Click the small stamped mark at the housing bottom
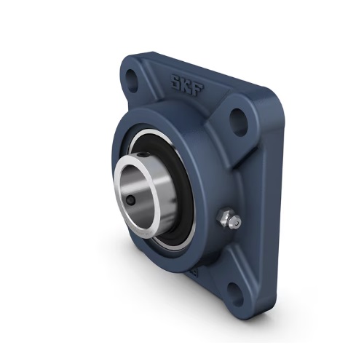point(195,273)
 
